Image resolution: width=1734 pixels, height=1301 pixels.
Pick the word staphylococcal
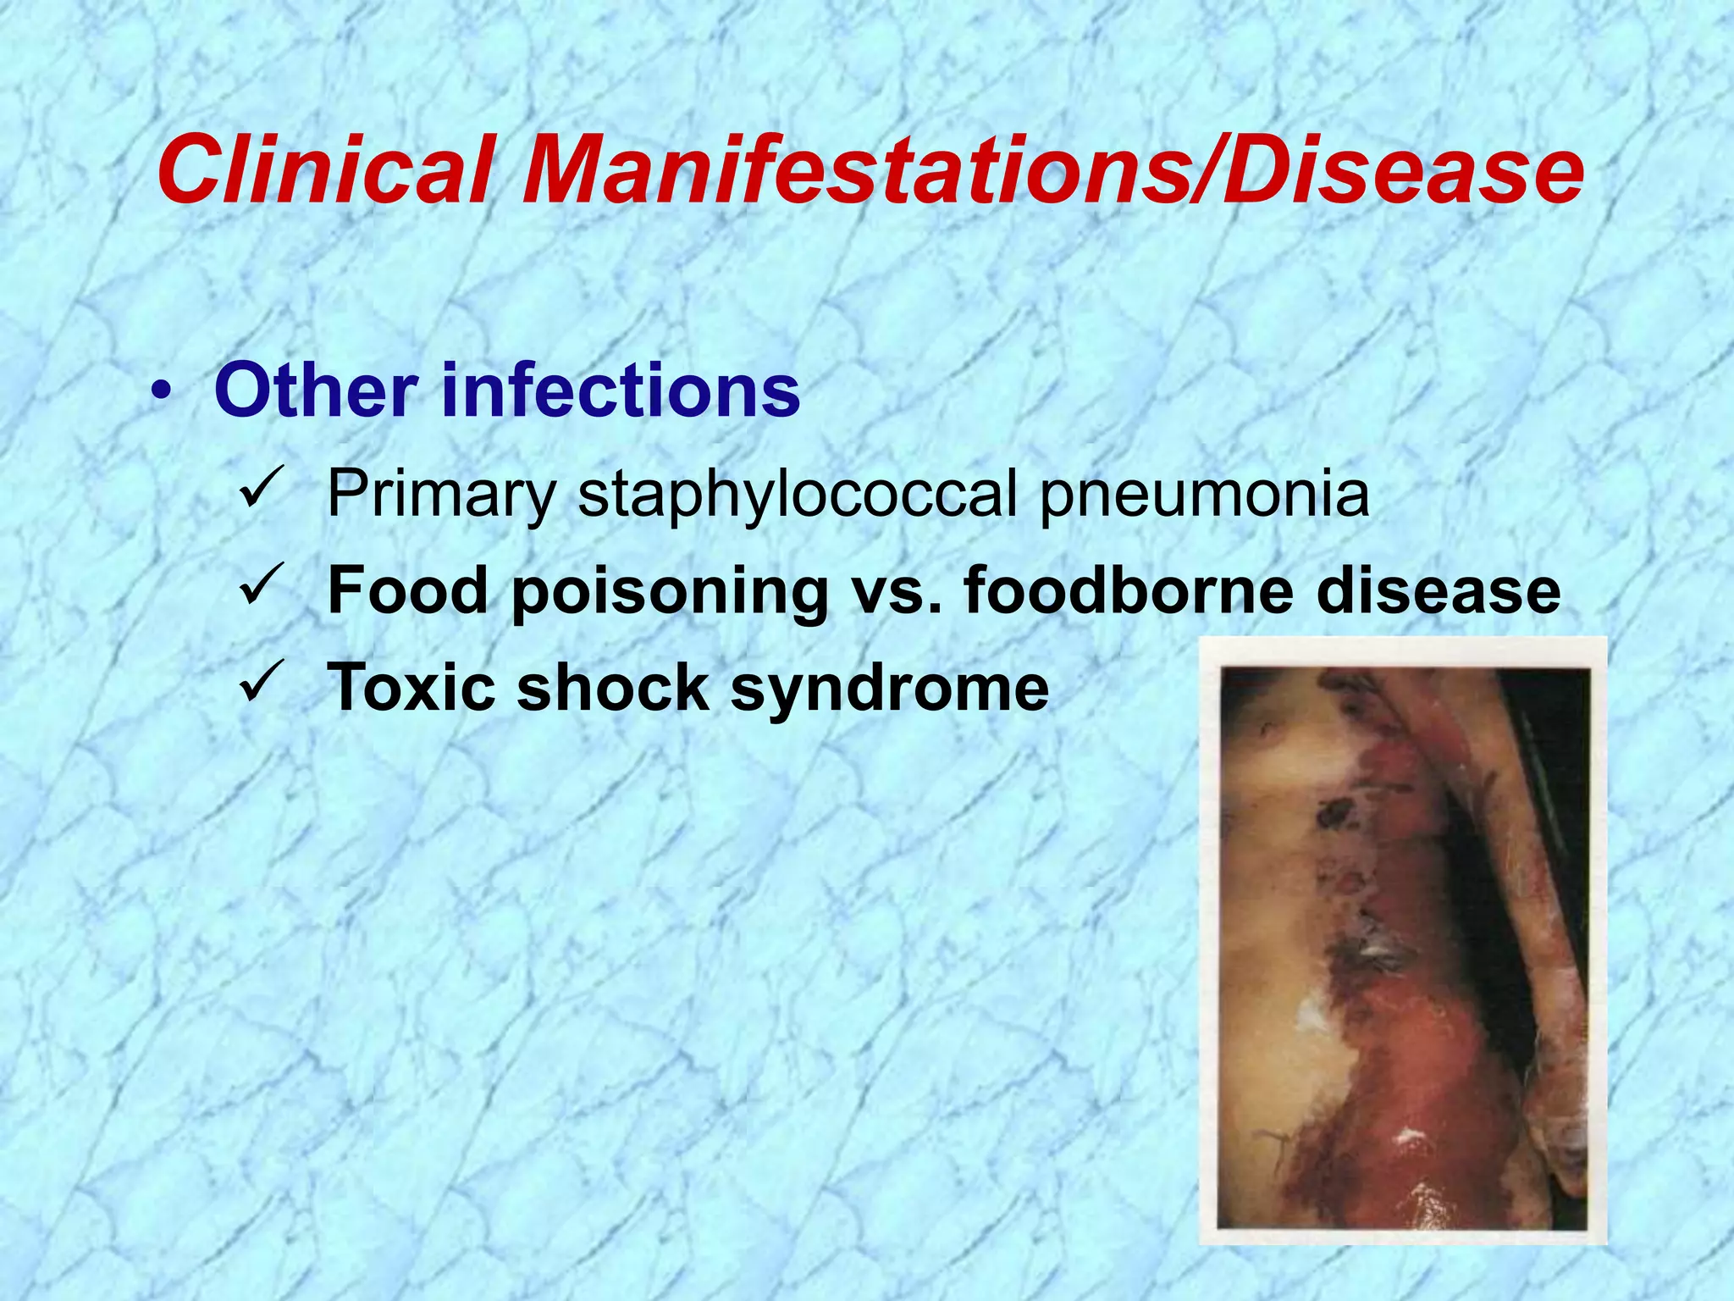[797, 495]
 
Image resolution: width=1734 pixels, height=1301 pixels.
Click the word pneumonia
[1203, 495]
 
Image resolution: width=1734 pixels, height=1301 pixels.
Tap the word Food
[407, 590]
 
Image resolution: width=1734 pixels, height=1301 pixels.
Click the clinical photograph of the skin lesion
[1402, 940]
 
